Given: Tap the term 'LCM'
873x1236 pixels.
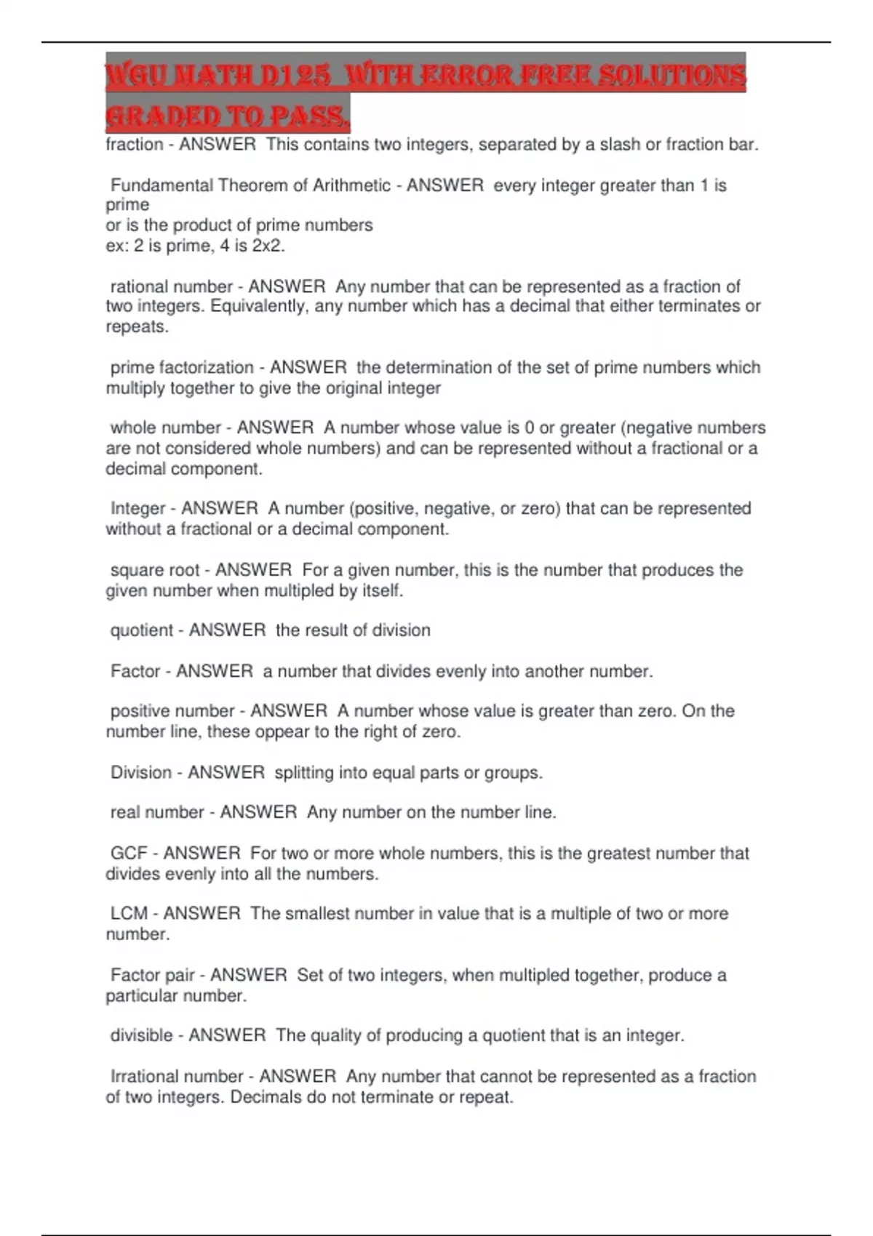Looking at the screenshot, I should pos(129,913).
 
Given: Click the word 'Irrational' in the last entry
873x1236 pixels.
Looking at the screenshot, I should pos(141,1076).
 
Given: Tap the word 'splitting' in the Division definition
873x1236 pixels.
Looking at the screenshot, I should pos(303,772).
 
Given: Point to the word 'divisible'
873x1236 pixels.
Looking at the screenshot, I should pos(141,1035).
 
